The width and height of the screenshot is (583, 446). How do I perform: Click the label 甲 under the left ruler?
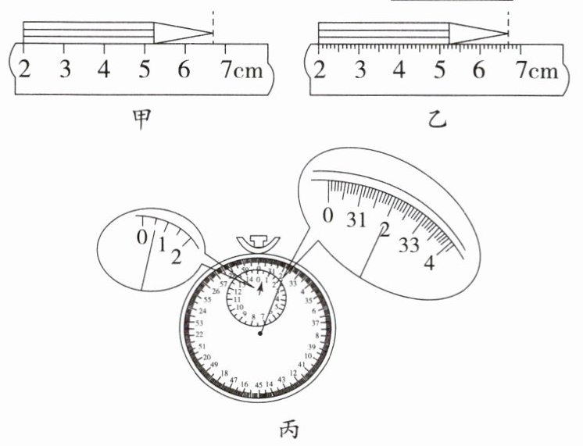[x=141, y=120]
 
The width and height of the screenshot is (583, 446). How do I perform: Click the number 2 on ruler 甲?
[x=24, y=70]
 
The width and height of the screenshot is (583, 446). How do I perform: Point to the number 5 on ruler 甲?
[x=145, y=70]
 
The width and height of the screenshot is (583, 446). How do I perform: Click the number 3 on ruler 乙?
[x=359, y=71]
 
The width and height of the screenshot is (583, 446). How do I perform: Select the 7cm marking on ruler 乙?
[x=535, y=71]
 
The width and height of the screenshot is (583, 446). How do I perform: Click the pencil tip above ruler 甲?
[x=211, y=33]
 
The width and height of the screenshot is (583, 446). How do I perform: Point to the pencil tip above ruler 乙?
[x=506, y=33]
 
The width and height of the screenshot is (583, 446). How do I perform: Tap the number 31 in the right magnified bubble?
[x=358, y=220]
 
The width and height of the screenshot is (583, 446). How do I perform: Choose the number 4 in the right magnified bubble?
[x=428, y=263]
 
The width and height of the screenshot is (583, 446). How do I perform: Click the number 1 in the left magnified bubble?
[x=162, y=245]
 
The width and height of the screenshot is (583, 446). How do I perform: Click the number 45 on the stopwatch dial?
[x=259, y=386]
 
